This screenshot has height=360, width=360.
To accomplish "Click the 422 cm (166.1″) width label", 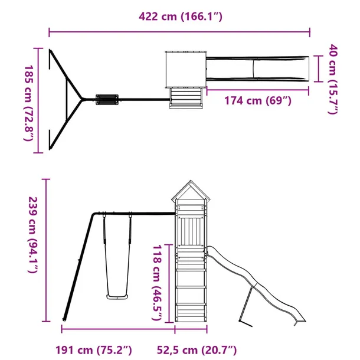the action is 181,17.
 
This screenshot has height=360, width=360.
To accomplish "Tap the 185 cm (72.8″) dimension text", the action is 30,103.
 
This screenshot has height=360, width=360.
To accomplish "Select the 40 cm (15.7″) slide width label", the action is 333,79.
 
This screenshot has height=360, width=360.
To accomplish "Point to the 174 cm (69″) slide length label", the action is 257,100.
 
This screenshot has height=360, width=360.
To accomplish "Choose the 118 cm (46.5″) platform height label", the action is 158,283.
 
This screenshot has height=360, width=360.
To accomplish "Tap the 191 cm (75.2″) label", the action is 94,351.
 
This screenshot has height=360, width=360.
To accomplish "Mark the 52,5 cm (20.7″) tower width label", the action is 197,351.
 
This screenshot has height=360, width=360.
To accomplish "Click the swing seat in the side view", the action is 117,297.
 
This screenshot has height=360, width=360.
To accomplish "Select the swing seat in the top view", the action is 107,99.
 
